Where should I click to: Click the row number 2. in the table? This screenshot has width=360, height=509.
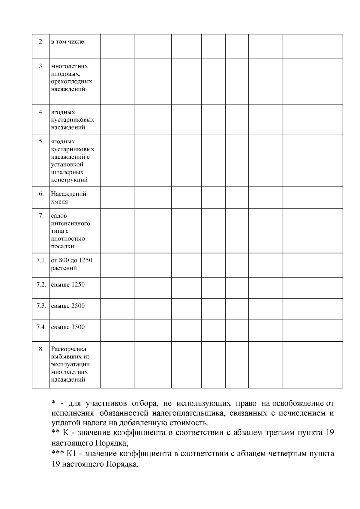41,41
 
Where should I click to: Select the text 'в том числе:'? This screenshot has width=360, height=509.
68,42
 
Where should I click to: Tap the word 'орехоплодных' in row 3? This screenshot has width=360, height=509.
71,82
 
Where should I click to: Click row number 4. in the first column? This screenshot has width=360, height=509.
41,112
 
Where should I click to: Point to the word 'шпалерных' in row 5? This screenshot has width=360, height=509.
67,172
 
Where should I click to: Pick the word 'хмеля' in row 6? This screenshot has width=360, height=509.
59,202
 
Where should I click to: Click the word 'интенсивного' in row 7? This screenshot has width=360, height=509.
70,223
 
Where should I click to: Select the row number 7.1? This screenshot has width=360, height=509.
41,260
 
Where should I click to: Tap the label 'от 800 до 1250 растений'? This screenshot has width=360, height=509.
71,264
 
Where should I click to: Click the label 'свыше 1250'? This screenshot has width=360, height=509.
68,285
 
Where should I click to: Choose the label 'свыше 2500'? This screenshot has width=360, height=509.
68,306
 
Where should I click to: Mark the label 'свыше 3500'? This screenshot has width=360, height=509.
68,327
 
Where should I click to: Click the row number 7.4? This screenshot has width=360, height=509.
41,327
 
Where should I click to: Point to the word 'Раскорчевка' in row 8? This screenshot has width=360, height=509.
69,349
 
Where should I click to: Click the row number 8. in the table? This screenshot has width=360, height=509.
41,349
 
